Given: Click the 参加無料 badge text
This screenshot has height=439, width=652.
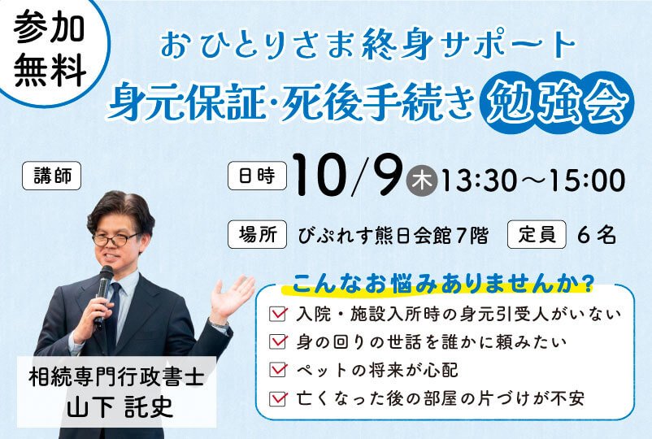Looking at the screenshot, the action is pos(50,49).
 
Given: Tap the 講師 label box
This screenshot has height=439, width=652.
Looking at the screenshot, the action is pos(51,176).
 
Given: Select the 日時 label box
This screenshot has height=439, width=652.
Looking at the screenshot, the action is pos(258,176).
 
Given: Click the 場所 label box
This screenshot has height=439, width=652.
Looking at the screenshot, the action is pos(258,234).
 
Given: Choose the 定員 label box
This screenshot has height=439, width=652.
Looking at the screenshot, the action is pos(537,234).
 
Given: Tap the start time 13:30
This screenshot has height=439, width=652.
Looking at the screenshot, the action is pos(479,180).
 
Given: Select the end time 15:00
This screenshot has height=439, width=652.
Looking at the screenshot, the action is pos(587,180).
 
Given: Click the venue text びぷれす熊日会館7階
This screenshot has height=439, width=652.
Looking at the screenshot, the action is pos(393,236).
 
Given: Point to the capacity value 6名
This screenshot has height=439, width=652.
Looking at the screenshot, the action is pos(597,236).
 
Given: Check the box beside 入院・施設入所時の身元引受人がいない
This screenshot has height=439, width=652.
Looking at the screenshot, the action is pos(278,314).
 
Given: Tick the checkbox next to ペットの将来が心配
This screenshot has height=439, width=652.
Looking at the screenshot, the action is pos(278,370).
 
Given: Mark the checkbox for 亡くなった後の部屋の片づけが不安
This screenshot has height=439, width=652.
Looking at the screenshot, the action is pos(278,398).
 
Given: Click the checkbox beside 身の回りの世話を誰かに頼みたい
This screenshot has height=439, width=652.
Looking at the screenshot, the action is pos(278,341).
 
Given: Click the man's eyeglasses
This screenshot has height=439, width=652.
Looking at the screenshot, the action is pos(115,240).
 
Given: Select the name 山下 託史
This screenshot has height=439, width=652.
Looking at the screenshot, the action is pos(120,406).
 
